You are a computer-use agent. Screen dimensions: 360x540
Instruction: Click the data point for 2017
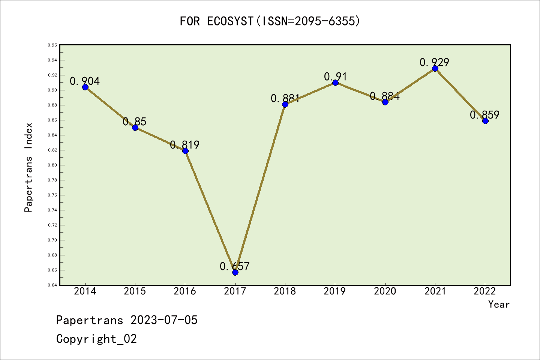pyautogui.click(x=235, y=272)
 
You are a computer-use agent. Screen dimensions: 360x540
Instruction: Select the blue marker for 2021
pyautogui.click(x=435, y=68)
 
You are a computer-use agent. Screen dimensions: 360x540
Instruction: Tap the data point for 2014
pyautogui.click(x=85, y=87)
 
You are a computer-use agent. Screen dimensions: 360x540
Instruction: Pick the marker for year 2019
pyautogui.click(x=335, y=82)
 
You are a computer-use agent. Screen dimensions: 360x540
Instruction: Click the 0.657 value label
pyautogui.click(x=235, y=266)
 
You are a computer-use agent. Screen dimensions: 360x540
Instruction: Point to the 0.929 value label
pyautogui.click(x=434, y=62)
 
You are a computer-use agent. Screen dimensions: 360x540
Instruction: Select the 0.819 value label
pyautogui.click(x=185, y=145)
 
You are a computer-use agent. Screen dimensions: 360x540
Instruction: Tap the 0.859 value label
pyautogui.click(x=484, y=115)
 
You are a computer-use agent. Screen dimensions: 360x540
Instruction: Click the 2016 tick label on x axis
pyautogui.click(x=185, y=291)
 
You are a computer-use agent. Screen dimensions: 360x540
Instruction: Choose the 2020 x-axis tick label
pyautogui.click(x=385, y=291)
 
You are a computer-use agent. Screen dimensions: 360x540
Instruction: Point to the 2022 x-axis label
pyautogui.click(x=485, y=291)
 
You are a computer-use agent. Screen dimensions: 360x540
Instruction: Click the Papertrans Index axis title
pyautogui.click(x=28, y=167)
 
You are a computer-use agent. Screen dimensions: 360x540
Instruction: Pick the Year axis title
pyautogui.click(x=499, y=304)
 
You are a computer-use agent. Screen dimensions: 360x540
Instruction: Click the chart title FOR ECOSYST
pyautogui.click(x=270, y=21)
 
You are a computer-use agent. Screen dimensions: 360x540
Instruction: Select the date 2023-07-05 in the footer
pyautogui.click(x=164, y=320)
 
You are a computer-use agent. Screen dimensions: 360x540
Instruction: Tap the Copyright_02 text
pyautogui.click(x=97, y=339)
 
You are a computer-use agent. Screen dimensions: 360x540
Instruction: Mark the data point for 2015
pyautogui.click(x=135, y=127)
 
